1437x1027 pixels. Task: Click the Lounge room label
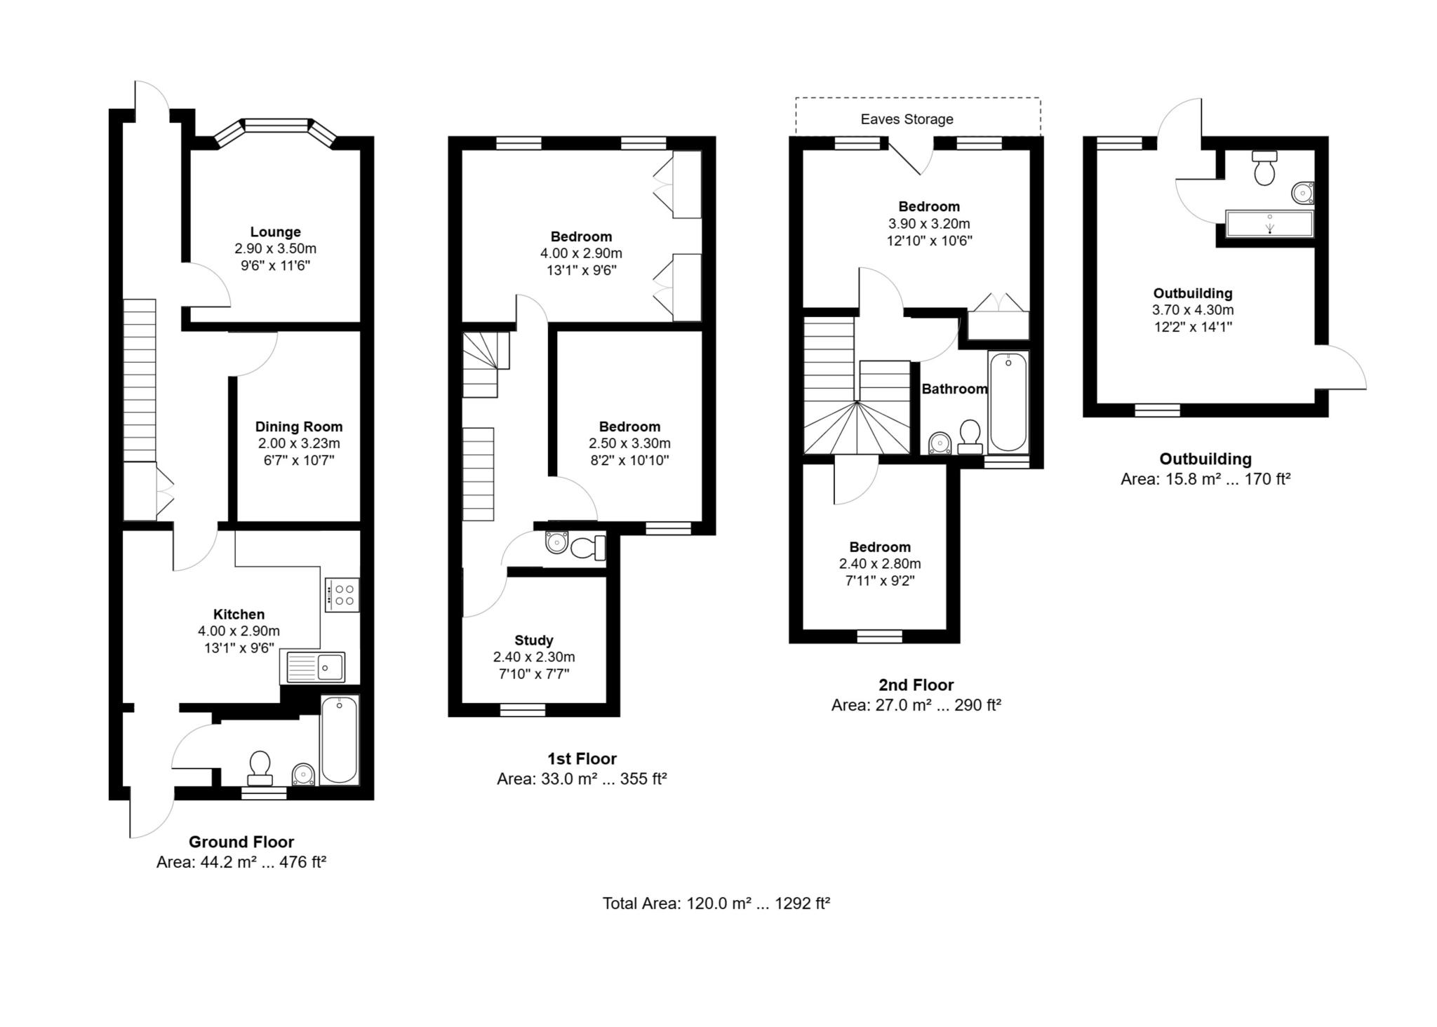(275, 231)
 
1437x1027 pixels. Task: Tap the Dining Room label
(298, 427)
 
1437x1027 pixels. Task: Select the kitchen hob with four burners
(342, 595)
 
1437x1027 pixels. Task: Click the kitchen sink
(314, 666)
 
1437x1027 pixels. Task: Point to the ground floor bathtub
(340, 740)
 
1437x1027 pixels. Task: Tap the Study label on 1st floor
(533, 640)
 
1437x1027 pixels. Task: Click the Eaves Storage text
(907, 119)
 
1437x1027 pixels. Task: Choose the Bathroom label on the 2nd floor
(954, 389)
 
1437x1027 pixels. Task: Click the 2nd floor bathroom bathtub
(1008, 403)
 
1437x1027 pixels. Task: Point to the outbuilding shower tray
(1269, 224)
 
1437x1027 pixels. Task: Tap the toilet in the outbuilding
(1264, 168)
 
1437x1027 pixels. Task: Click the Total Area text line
(716, 904)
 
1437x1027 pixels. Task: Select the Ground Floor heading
(241, 842)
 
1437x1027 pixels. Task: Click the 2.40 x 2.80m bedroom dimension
(879, 564)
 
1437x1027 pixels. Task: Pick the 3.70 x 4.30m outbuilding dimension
(1192, 310)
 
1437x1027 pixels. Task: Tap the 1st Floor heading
(582, 758)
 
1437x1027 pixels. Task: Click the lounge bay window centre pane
(276, 126)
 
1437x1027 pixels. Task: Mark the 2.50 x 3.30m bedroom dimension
(629, 443)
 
